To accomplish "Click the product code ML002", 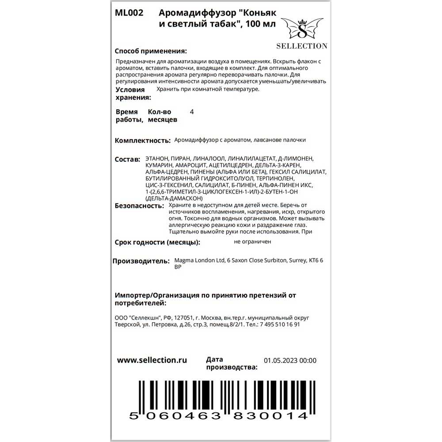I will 129,13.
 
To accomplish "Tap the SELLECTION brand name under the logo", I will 302,46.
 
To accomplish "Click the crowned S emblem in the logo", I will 302,30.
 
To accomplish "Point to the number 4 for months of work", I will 191,112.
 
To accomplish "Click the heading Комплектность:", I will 142,141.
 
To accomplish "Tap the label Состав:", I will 127,159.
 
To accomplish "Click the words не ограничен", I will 252,241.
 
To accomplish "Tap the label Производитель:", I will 141,261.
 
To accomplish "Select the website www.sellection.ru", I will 152,360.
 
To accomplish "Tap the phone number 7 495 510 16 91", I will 277,324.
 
